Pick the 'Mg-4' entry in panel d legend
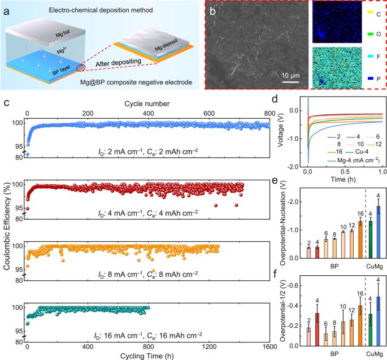tap(331, 151)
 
